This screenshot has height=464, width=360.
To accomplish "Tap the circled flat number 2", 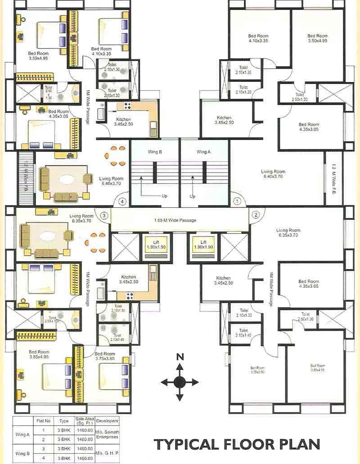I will tap(255, 214).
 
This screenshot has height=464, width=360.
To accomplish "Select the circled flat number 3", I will tap(104, 215).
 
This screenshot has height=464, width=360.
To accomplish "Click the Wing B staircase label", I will tap(154, 152).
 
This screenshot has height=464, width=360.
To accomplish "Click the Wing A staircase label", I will tap(203, 152).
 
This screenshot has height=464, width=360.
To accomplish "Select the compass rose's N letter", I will tap(180, 357).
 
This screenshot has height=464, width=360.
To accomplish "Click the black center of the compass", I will tap(180, 382).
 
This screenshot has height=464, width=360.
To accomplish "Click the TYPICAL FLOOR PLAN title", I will tap(237, 444).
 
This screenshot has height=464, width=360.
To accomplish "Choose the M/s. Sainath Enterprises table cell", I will tap(107, 434).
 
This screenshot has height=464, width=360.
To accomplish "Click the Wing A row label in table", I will tap(22, 434).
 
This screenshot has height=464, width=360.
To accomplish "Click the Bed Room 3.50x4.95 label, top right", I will tap(317, 38).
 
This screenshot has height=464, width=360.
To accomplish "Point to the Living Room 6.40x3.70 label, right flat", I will tap(273, 174).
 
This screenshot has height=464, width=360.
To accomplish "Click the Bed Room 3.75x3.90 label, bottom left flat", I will tap(105, 357).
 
